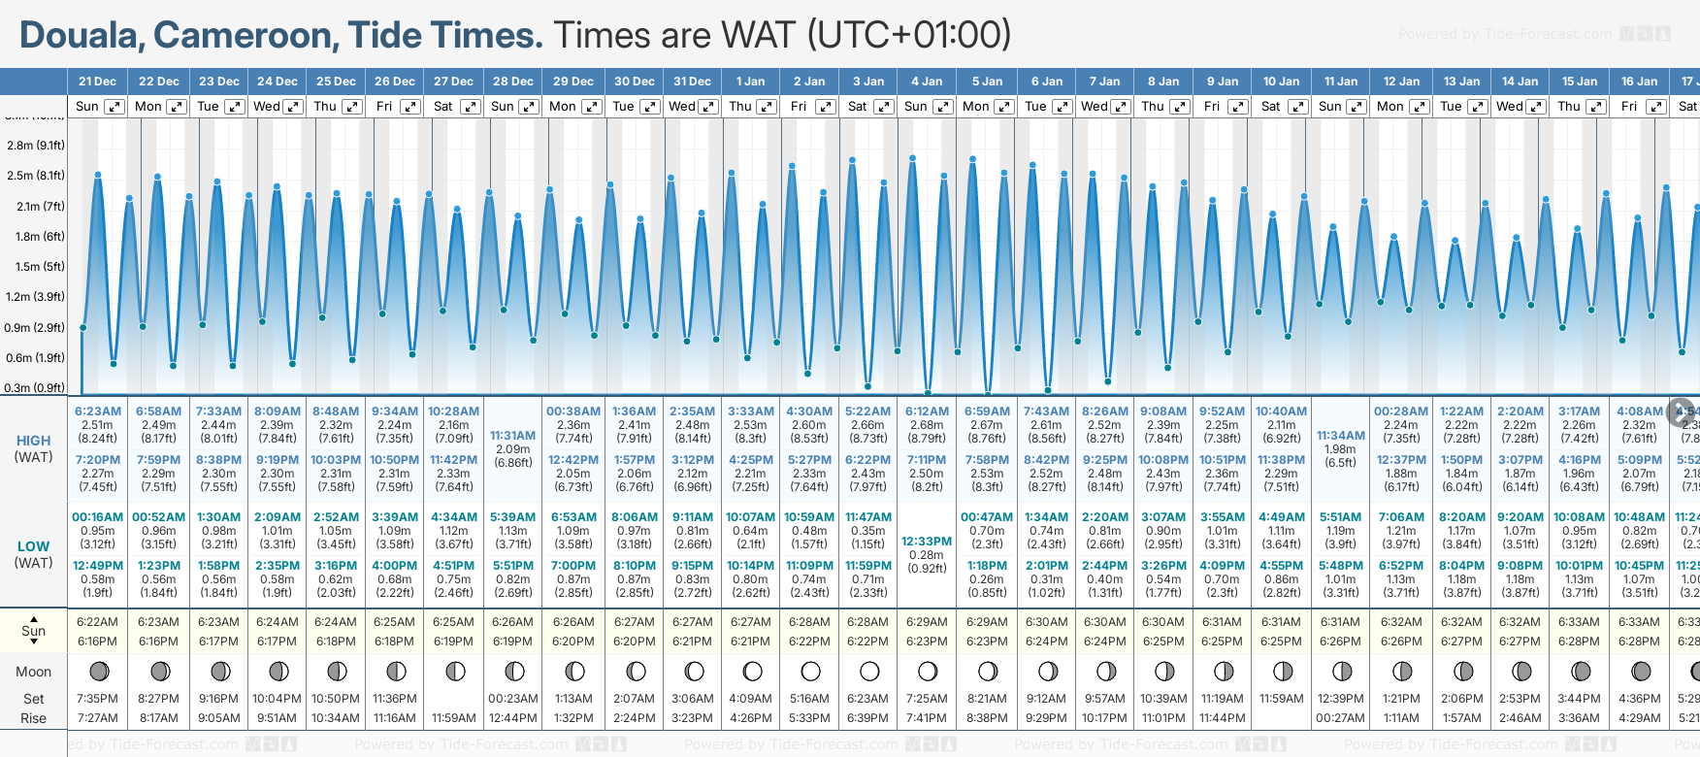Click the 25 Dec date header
tap(336, 82)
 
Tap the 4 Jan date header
tap(927, 82)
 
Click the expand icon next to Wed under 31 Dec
tap(708, 107)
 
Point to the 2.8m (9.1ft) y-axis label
tap(36, 146)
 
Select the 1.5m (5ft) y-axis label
tap(36, 267)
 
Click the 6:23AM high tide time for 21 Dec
tap(98, 411)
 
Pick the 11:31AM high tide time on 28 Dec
tap(512, 436)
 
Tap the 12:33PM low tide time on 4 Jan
tap(927, 542)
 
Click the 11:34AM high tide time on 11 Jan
tap(1341, 436)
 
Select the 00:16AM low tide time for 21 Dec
tap(98, 517)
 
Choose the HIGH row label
tap(33, 441)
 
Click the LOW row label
tap(33, 546)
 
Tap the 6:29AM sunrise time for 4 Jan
tap(927, 622)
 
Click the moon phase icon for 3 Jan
tap(868, 671)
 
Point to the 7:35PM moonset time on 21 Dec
tap(98, 699)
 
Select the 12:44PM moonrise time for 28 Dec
tap(512, 718)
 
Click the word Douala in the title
tap(82, 36)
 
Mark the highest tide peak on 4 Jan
tap(912, 157)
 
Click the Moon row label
tap(33, 672)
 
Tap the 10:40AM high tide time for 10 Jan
tap(1281, 411)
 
